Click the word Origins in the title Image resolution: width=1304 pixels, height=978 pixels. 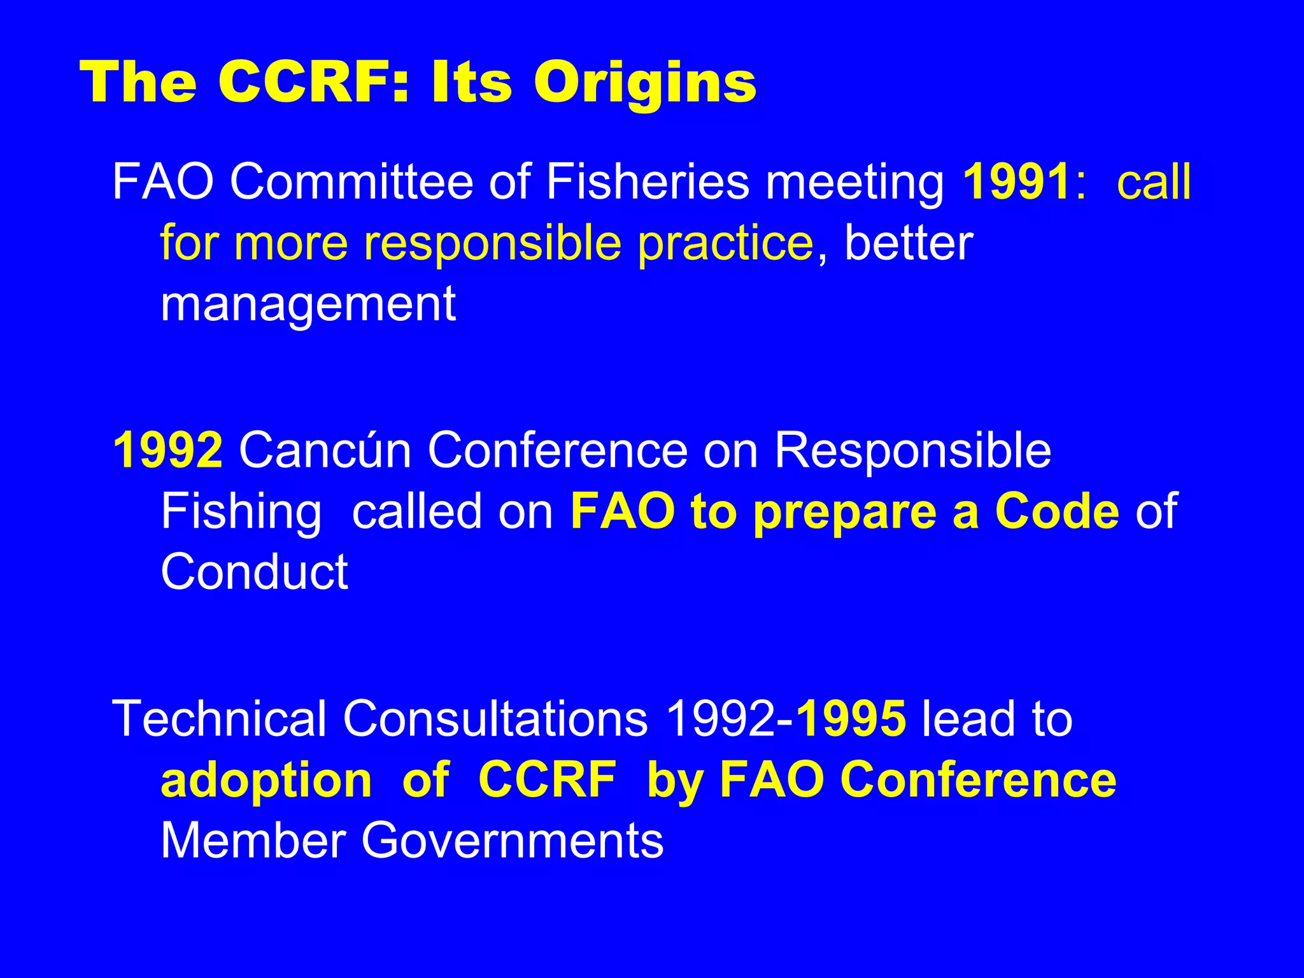[644, 83]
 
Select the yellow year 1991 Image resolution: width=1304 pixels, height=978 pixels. [1016, 182]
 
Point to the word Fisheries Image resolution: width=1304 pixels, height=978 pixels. [648, 182]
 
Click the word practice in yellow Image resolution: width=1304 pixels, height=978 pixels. [726, 243]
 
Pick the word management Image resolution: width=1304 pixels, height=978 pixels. [308, 304]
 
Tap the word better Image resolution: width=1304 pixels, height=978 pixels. [909, 243]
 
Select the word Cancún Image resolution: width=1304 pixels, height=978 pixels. [325, 450]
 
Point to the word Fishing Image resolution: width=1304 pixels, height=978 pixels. [241, 511]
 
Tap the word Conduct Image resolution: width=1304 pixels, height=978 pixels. [254, 572]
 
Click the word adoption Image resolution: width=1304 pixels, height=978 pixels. [266, 781]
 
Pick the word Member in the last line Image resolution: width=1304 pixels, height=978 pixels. [253, 841]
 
